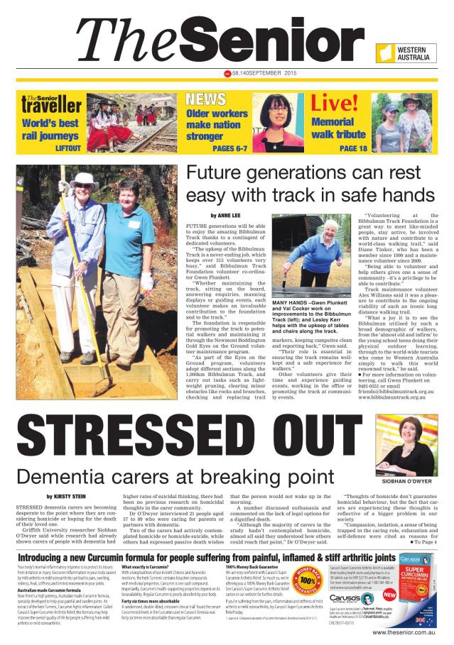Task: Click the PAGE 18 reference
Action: point(353,148)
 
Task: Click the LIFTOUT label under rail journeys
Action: point(67,148)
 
